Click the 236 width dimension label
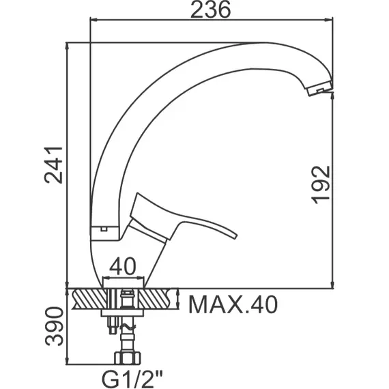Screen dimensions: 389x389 pyautogui.click(x=210, y=10)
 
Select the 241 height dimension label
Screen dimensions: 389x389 pyautogui.click(x=54, y=165)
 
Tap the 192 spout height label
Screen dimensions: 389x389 pyautogui.click(x=321, y=185)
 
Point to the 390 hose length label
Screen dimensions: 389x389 pyautogui.click(x=55, y=326)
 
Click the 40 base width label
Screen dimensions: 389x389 pyautogui.click(x=123, y=266)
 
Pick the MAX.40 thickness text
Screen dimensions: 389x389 pyautogui.click(x=233, y=304)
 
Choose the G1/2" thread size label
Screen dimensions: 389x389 pyautogui.click(x=132, y=379)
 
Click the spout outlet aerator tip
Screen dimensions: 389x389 pyautogui.click(x=319, y=89)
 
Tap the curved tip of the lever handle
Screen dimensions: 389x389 pyautogui.click(x=234, y=235)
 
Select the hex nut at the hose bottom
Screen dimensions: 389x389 pyautogui.click(x=127, y=358)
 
